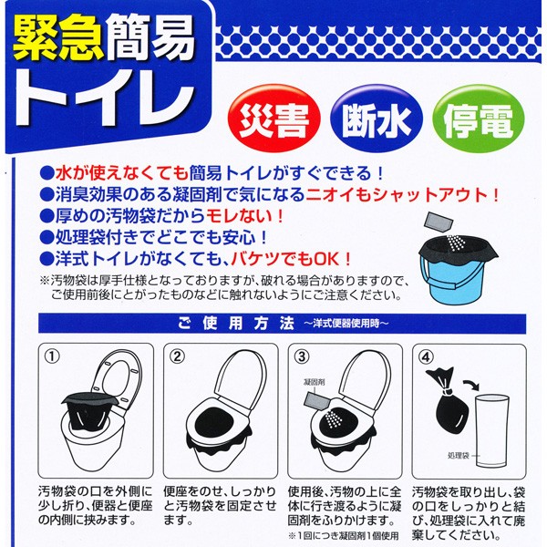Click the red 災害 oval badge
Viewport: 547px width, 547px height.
273,119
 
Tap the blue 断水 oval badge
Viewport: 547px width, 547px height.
376,119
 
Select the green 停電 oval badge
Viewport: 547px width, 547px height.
479,119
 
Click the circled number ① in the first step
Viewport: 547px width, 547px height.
52,356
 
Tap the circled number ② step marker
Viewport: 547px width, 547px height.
177,356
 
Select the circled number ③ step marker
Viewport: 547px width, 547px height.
302,356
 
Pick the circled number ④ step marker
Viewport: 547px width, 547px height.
426,356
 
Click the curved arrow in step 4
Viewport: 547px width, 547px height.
471,386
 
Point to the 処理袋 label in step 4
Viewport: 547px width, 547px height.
458,455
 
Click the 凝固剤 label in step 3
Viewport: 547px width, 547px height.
315,382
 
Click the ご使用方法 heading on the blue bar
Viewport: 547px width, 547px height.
236,324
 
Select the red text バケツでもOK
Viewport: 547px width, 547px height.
292,259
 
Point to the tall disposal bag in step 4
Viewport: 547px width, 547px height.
492,431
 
